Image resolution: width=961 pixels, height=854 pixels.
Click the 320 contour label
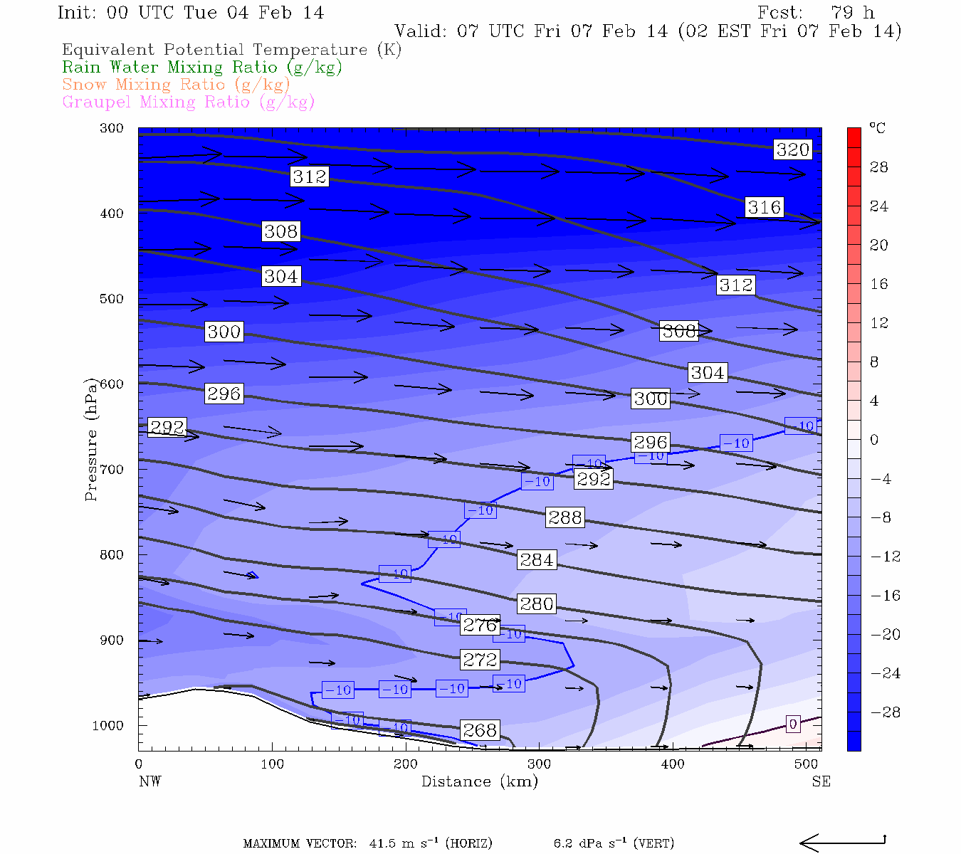coord(793,149)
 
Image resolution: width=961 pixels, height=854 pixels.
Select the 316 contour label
coord(765,207)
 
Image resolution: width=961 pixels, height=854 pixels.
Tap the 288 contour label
coord(565,517)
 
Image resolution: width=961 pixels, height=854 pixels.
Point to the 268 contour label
coord(479,730)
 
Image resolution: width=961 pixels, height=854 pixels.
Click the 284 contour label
coord(537,560)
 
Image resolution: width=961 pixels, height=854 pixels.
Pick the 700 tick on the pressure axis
coord(112,470)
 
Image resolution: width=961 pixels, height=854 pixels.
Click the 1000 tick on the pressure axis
coord(108,725)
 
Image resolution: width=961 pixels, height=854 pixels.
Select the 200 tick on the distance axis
coord(406,764)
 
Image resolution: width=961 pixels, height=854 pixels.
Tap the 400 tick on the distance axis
coord(673,764)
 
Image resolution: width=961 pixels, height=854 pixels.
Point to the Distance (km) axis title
coord(479,781)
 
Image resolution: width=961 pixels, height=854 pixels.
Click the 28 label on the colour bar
coord(879,167)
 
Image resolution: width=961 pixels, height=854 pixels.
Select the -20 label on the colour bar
coord(886,634)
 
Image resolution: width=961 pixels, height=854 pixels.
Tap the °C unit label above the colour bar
coord(877,129)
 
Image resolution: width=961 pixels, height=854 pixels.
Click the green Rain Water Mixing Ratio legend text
coord(202,68)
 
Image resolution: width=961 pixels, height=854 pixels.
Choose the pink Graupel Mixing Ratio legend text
coord(188,102)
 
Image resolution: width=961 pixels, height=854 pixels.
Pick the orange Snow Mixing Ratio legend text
coord(176,85)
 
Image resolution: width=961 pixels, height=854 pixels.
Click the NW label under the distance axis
coord(149,781)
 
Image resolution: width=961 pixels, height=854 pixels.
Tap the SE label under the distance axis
coord(821,781)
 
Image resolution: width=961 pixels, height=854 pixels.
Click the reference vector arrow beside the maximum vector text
coord(842,843)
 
